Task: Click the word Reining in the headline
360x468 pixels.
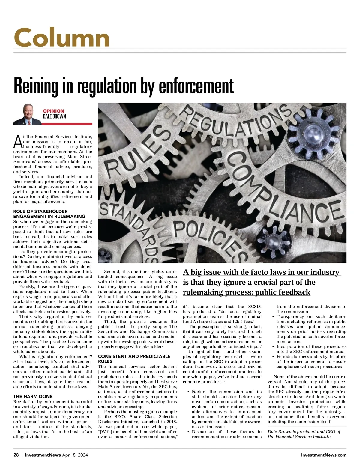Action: [36, 86]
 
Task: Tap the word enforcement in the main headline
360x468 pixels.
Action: [196, 86]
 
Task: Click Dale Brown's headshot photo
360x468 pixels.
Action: [27, 114]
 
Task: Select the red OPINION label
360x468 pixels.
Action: [53, 111]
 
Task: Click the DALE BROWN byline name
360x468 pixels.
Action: [54, 116]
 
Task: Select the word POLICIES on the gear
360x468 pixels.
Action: [210, 237]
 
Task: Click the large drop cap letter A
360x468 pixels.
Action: [18, 142]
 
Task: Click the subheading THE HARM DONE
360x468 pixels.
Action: [33, 396]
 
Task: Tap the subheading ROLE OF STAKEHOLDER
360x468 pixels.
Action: [40, 211]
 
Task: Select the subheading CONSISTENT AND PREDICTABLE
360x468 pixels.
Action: [134, 356]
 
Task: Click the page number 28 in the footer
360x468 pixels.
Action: [16, 455]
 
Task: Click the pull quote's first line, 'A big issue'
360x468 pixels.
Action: [261, 272]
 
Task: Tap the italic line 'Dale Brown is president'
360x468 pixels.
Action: [304, 432]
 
